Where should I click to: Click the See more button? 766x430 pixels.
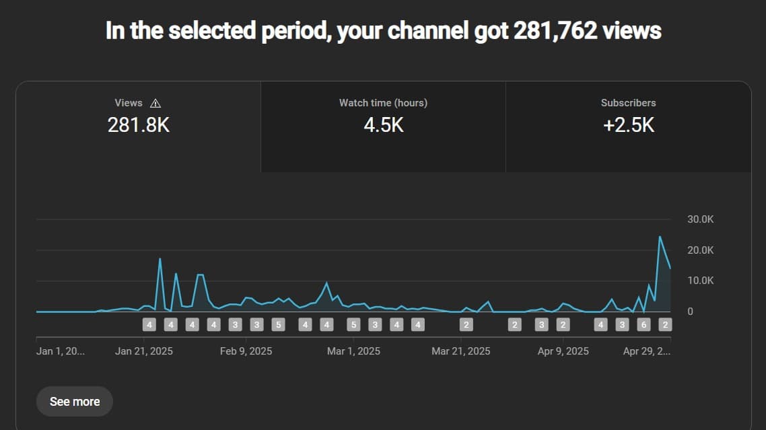75,402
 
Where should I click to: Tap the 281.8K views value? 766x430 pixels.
139,124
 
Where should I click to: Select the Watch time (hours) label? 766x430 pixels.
383,103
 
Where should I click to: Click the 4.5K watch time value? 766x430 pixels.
383,124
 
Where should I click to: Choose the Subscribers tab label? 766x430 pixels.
628,103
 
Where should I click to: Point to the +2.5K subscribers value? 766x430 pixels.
628,124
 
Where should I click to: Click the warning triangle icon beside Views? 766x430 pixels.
155,103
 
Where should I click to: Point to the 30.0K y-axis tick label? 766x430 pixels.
699,219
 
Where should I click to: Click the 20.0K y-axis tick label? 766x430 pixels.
699,250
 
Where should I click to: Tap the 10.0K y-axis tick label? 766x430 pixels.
699,281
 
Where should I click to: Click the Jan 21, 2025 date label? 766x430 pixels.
144,351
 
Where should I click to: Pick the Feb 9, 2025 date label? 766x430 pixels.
246,351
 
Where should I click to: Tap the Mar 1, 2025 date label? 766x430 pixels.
353,351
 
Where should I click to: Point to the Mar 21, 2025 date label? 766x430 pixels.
460,351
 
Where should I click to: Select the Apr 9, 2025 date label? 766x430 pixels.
563,351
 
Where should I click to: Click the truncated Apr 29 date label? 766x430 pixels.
647,351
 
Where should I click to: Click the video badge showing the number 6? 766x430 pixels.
643,325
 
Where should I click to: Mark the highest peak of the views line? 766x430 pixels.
660,237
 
